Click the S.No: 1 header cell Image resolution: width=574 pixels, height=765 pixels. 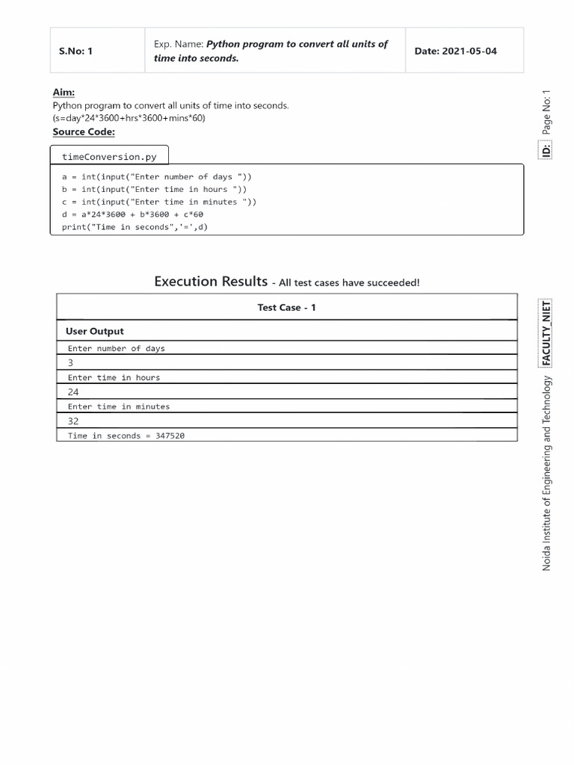coord(75,52)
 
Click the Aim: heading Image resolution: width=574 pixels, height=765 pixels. coord(64,92)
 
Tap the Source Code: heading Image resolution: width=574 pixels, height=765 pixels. coord(84,131)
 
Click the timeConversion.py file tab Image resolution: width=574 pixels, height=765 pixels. coord(109,157)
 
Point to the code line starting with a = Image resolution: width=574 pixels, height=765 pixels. coord(157,177)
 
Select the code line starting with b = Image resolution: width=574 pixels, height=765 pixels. coord(154,190)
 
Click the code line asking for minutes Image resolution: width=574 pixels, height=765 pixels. coord(159,202)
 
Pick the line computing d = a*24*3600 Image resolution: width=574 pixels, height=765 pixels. coord(132,214)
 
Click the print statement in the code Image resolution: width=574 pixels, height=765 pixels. coord(135,227)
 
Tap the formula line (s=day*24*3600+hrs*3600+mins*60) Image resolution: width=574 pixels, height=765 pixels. coord(129,118)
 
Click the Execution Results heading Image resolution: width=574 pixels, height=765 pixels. coord(211,282)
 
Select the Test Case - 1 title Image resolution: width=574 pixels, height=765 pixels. coord(286,308)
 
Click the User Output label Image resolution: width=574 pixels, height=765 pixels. coord(95,331)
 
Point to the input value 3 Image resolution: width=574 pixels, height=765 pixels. coord(71,362)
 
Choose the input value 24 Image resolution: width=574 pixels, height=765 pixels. coord(73,391)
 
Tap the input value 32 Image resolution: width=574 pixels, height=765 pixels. coord(73,421)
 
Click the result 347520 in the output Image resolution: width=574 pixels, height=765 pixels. coord(170,436)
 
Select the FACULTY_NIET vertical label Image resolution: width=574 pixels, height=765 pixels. coord(546,333)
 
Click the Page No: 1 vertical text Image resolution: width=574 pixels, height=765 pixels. coord(546,112)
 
